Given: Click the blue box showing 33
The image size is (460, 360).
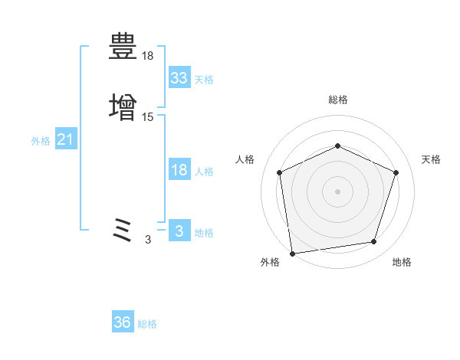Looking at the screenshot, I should pos(179,77).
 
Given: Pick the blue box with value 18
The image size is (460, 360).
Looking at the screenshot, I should pos(179,170).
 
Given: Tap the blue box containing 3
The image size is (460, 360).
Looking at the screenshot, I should pos(179,231).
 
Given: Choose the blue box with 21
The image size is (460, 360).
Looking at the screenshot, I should pos(66,140).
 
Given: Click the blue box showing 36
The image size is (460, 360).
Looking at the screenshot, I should pos(123,322).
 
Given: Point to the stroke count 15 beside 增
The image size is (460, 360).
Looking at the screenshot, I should pos(148,117).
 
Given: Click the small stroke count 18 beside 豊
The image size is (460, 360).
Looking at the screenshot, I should pos(148,56).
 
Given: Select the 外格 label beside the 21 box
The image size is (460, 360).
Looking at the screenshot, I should pos(41,141).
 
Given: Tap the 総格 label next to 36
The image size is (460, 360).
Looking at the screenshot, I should pos(147,324).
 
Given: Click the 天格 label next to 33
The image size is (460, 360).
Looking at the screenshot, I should pos(203,79).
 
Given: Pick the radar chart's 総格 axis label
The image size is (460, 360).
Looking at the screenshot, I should pos(338,100).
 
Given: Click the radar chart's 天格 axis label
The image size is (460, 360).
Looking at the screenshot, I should pos(431,159).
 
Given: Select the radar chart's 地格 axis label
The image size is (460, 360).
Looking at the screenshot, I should pos(402,262).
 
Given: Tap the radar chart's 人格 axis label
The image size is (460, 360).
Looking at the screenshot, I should pos(245,159).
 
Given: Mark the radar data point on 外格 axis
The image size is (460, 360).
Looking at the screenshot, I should pos(292,253).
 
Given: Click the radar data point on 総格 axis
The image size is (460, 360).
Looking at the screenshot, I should pos(337,145).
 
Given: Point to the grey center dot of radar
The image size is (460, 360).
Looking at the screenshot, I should pos(337,191).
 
